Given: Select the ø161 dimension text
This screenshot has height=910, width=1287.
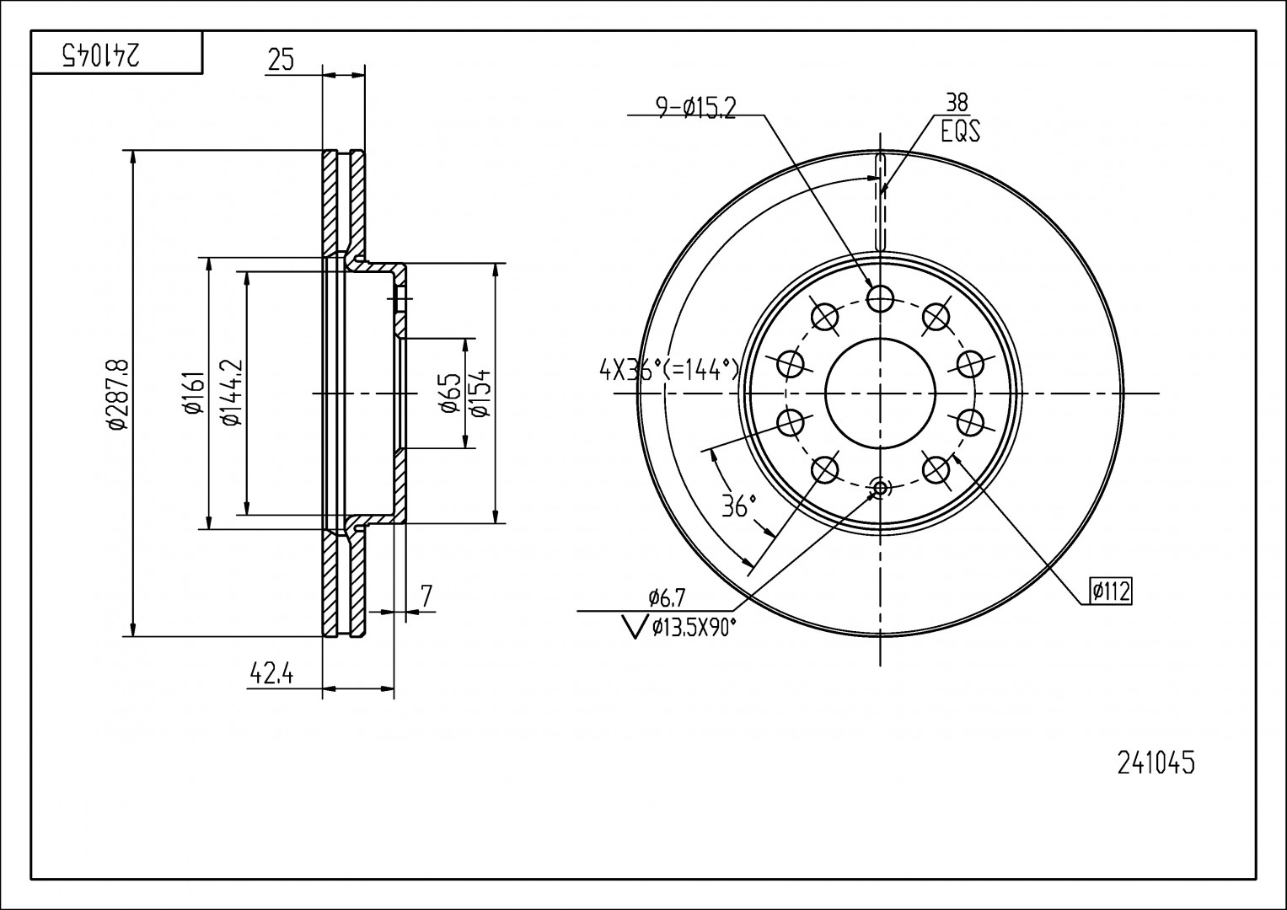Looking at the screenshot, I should pos(191,393).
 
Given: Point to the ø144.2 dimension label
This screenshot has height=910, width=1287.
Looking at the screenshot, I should pos(230,393).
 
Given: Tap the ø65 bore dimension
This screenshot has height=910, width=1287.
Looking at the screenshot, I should pos(449,393).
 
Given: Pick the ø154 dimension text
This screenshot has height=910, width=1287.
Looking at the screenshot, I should pos(479,393).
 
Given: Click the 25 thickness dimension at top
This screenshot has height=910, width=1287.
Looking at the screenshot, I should pos(281,60).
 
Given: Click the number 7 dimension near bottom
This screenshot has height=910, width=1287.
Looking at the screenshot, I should pos(426,596).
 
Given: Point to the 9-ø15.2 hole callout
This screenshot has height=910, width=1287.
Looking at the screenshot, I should pos(696,107).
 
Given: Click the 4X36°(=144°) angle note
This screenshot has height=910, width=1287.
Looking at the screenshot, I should pos(669,369).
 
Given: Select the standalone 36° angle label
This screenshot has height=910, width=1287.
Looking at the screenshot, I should pos(739,506).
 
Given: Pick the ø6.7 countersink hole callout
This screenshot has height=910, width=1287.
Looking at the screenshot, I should pos(668,597).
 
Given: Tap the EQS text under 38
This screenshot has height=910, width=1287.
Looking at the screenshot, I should pos(960,131).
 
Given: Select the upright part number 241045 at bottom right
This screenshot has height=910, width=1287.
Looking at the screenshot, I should pos(1156,763).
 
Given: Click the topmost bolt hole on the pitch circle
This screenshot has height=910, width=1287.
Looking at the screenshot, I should pos(880,297).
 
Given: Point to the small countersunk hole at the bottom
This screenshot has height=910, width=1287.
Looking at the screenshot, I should pos(880,487).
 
